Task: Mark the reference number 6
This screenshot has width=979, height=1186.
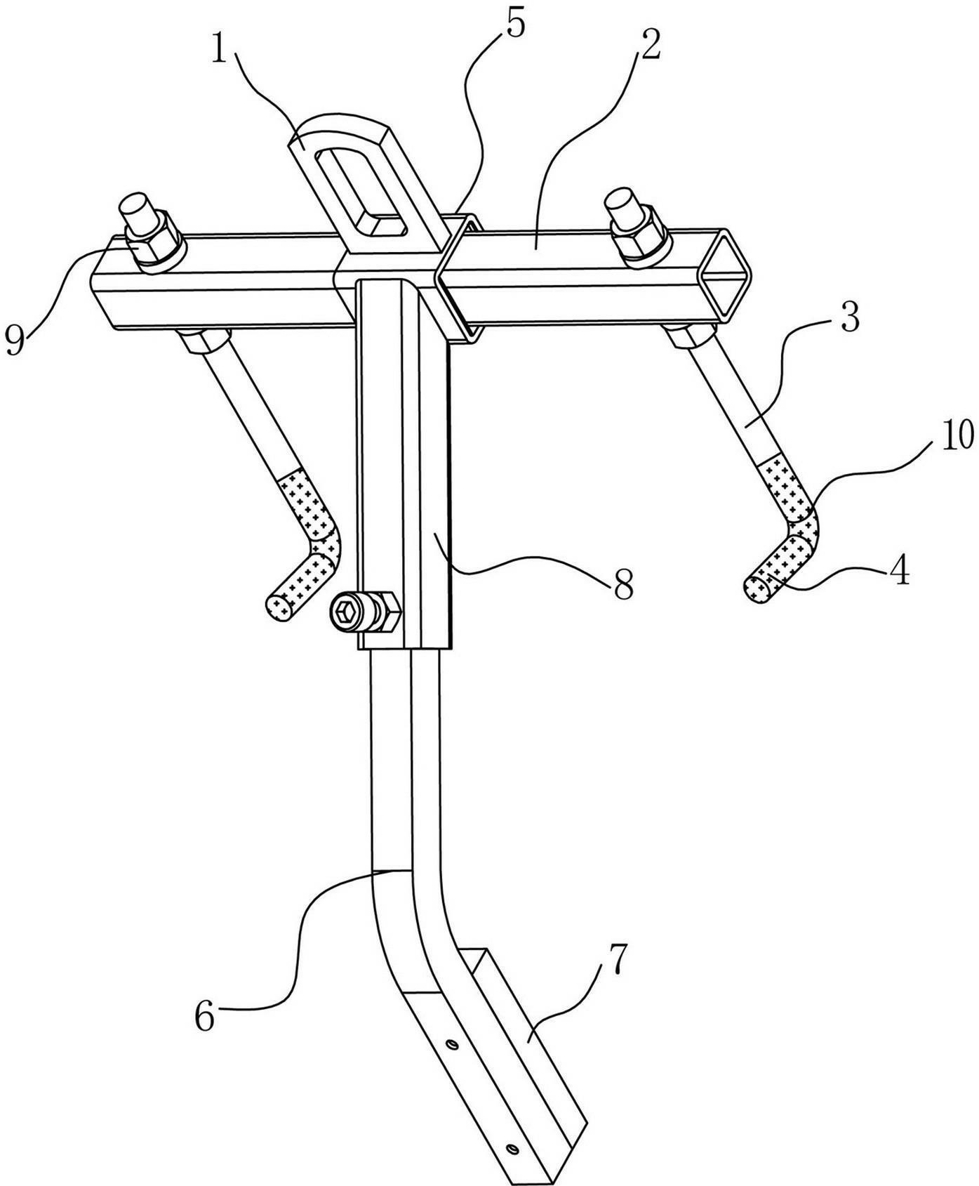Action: pyautogui.click(x=204, y=1015)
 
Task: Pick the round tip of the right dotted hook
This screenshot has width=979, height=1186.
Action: pyautogui.click(x=755, y=588)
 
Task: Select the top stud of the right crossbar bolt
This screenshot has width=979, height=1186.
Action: pyautogui.click(x=623, y=205)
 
